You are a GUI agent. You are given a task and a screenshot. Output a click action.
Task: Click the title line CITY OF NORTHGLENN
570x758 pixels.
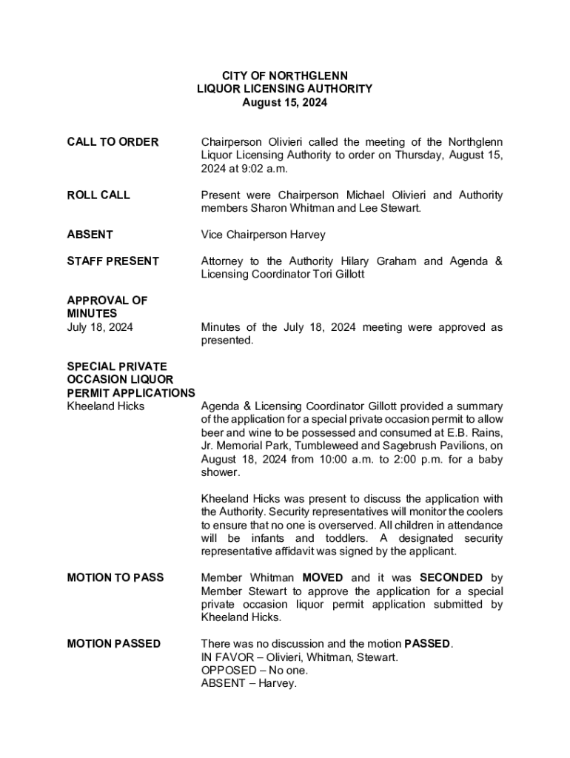tap(285, 76)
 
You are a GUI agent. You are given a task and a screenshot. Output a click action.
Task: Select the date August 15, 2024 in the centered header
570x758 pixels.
tap(285, 103)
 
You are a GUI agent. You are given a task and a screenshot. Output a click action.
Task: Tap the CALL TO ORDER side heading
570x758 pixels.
tap(113, 142)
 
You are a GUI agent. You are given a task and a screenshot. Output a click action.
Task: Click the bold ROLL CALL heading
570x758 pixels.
tap(98, 195)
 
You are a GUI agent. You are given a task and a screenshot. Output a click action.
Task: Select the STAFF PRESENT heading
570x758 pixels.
tap(113, 261)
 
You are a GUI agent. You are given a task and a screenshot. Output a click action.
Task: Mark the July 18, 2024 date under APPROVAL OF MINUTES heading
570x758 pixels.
tap(100, 327)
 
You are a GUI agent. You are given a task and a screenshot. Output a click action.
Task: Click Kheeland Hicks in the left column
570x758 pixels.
tap(106, 406)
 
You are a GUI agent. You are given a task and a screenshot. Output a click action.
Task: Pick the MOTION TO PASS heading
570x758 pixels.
tap(115, 577)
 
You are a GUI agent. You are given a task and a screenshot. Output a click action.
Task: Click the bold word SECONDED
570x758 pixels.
tap(451, 577)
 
